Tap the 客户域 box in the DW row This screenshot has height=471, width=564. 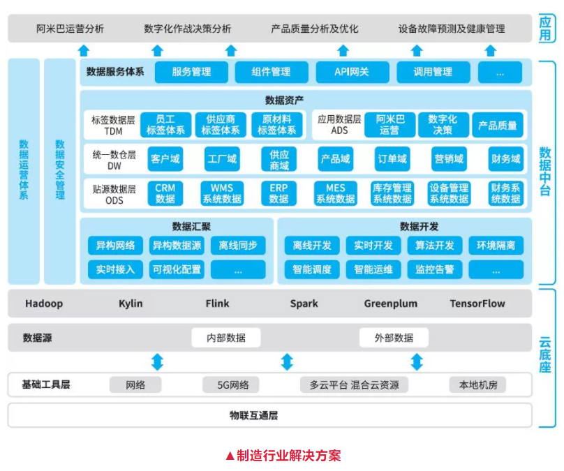point(165,159)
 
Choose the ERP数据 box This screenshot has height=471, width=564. point(279,193)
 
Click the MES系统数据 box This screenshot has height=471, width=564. point(335,193)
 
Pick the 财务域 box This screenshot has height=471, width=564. point(505,159)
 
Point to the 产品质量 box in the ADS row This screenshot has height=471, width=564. point(498,126)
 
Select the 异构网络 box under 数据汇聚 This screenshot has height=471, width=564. point(115,246)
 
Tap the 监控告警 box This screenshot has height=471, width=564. point(434,269)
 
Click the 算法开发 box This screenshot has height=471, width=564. point(434,246)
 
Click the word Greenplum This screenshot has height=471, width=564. point(390,304)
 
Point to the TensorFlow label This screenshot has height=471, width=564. point(477,304)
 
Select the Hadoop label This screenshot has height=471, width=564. point(44,304)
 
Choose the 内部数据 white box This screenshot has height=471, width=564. point(225,338)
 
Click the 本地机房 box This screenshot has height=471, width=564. point(477,384)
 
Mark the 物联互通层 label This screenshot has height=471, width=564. point(254,416)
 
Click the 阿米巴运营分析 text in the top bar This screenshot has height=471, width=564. point(70,29)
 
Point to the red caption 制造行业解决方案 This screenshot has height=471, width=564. point(283,456)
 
